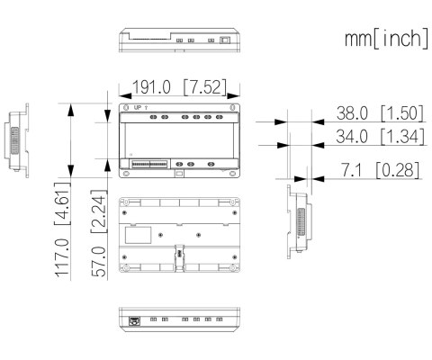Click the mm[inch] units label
click(x=384, y=40)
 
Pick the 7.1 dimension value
click(x=352, y=169)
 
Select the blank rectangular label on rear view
click(x=137, y=234)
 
